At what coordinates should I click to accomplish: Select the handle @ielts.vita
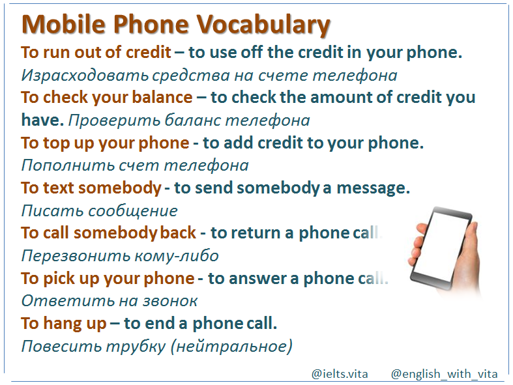tap(340, 373)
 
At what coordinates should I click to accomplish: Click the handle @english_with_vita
tap(445, 373)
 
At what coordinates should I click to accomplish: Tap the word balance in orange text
tap(162, 97)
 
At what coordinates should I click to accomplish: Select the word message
tap(373, 188)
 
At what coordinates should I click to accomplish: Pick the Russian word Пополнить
tap(67, 165)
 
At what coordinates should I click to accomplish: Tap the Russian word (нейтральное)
tap(231, 346)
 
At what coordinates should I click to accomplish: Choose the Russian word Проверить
tap(114, 121)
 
